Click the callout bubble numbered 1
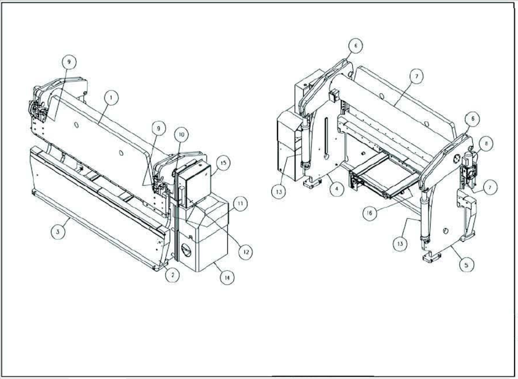(x=111, y=98)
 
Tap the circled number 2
(x=172, y=275)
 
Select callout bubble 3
(x=58, y=232)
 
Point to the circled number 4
(x=337, y=189)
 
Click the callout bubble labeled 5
(x=467, y=265)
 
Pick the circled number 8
(x=486, y=144)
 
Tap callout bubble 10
(x=181, y=135)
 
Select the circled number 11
(x=240, y=204)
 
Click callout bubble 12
(x=246, y=252)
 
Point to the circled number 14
(x=227, y=277)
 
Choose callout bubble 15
(x=223, y=163)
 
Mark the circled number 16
(x=369, y=213)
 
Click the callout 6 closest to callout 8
(x=472, y=119)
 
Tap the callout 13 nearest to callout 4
(x=279, y=192)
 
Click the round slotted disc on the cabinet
(x=186, y=250)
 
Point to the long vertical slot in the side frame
(x=326, y=138)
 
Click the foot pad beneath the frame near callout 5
(x=431, y=257)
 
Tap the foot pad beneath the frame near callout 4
(x=312, y=183)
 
